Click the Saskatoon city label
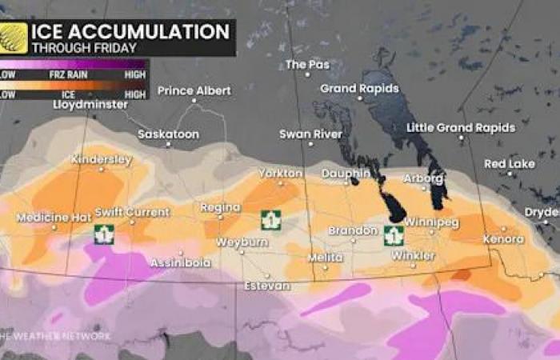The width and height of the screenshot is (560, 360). click(x=168, y=134)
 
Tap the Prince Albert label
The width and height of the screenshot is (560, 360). click(x=187, y=90)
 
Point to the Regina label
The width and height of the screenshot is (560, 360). click(x=220, y=207)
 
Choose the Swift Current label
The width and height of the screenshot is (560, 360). click(x=132, y=212)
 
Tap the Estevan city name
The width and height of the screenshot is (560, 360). click(x=267, y=285)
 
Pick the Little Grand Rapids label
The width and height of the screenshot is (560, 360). click(x=461, y=128)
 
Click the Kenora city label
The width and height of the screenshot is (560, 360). click(x=503, y=238)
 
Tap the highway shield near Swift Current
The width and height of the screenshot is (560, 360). click(x=102, y=234)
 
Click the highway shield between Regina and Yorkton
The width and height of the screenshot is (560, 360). click(x=271, y=219)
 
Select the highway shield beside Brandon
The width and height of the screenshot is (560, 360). click(x=392, y=235)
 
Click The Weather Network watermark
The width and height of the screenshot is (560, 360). click(x=56, y=336)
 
